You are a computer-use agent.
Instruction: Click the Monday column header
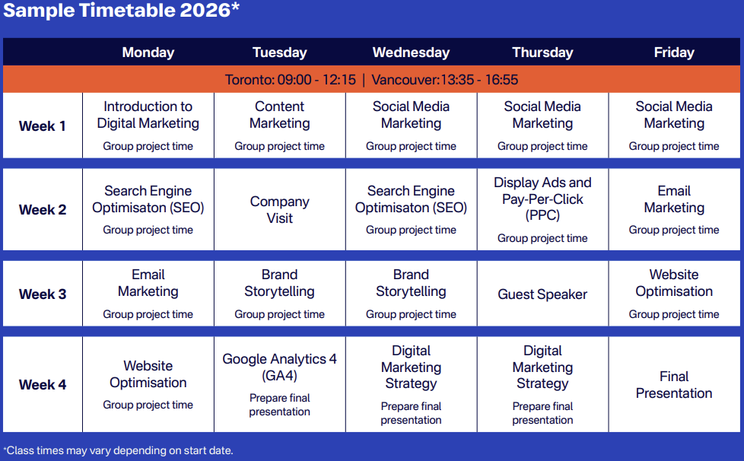pyautogui.click(x=148, y=52)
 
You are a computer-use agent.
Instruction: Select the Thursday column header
pyautogui.click(x=542, y=52)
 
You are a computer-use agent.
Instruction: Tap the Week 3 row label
pyautogui.click(x=43, y=294)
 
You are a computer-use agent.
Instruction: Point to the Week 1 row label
pyautogui.click(x=43, y=126)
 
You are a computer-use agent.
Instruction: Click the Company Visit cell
pyautogui.click(x=279, y=210)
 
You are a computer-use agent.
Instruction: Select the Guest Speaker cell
pyautogui.click(x=542, y=294)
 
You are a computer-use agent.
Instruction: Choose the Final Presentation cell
pyautogui.click(x=674, y=385)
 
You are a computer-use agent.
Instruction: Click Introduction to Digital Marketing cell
pyautogui.click(x=148, y=126)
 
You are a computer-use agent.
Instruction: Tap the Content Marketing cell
pyautogui.click(x=279, y=126)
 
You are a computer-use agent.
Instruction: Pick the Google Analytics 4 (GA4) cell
pyautogui.click(x=279, y=385)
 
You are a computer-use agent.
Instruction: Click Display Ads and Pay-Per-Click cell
pyautogui.click(x=542, y=210)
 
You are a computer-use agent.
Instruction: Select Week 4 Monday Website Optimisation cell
pyautogui.click(x=148, y=385)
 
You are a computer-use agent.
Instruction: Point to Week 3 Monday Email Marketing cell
pyautogui.click(x=148, y=294)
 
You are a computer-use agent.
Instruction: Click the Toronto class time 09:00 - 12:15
pyautogui.click(x=291, y=80)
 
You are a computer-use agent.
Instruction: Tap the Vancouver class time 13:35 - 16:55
pyautogui.click(x=444, y=80)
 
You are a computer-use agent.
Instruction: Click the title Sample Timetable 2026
pyautogui.click(x=122, y=11)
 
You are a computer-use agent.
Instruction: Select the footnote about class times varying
pyautogui.click(x=118, y=450)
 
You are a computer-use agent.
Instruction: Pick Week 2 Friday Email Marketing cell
pyautogui.click(x=674, y=210)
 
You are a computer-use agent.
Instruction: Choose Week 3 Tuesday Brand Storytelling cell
pyautogui.click(x=279, y=294)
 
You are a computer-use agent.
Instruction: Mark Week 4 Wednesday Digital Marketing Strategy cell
pyautogui.click(x=411, y=385)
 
